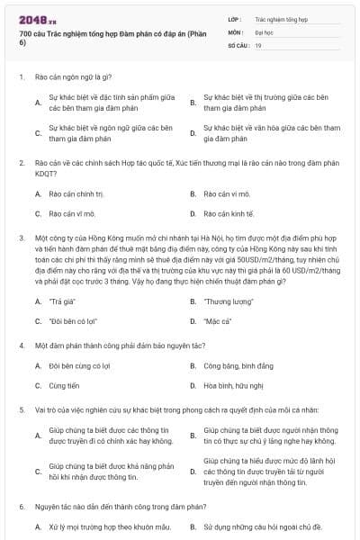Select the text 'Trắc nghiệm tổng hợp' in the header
281,17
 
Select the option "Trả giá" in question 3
64,301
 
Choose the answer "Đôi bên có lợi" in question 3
73,321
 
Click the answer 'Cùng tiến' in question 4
65,385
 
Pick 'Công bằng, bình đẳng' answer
235,365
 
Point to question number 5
21,409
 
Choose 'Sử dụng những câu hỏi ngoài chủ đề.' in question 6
257,526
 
